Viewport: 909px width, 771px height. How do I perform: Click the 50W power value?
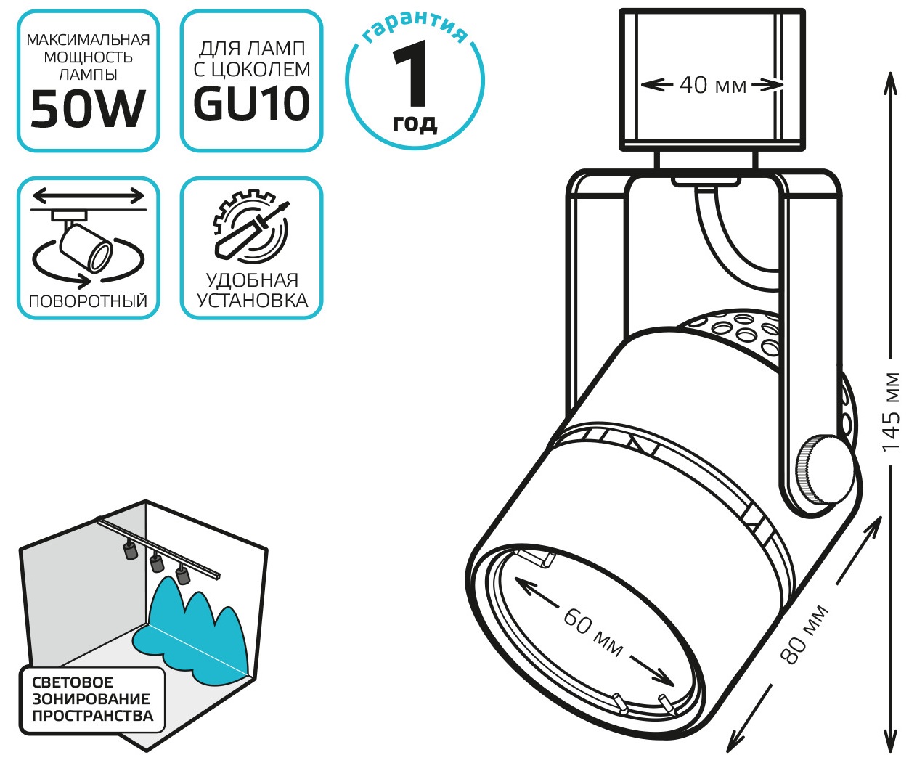[88, 109]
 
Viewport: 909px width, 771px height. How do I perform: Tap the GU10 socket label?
[251, 104]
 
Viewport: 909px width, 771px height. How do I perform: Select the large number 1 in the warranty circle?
[410, 73]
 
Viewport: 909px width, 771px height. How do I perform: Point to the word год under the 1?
[415, 123]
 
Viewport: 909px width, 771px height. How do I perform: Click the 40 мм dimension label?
[713, 85]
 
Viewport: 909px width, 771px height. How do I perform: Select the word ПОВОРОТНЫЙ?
[88, 301]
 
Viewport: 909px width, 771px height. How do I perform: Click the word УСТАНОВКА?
[253, 301]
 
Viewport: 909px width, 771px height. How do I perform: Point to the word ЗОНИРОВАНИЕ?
[91, 698]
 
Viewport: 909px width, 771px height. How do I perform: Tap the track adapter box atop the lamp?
[712, 80]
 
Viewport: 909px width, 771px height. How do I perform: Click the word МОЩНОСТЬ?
[89, 57]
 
